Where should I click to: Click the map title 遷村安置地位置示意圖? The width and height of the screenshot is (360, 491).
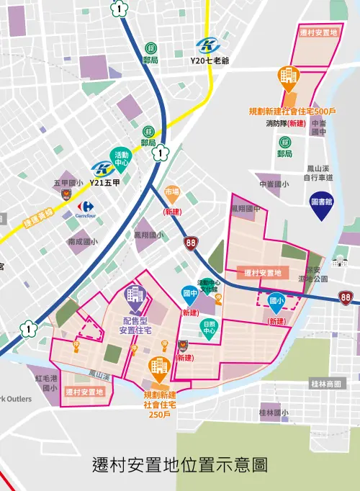coord(180,464)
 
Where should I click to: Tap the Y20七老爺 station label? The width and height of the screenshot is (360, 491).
coord(209,60)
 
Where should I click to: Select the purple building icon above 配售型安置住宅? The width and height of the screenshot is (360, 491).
coord(135,294)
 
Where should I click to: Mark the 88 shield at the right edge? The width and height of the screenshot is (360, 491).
coord(346,297)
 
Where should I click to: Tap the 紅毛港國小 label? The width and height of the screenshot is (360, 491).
coord(46,382)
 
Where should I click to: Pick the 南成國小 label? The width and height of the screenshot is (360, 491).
coord(83,242)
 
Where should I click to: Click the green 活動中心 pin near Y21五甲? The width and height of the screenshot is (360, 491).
coord(121,156)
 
